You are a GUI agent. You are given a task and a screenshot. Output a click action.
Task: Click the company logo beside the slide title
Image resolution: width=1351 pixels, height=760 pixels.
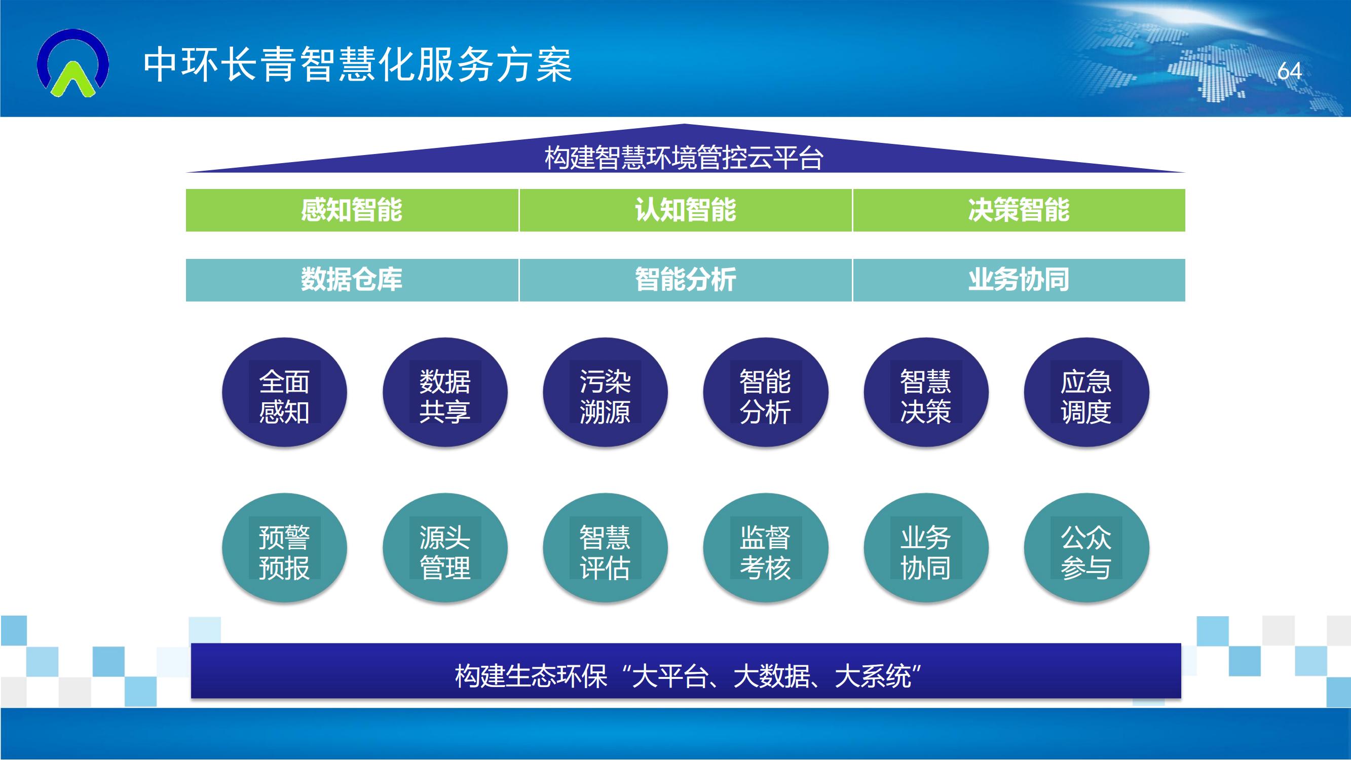73,63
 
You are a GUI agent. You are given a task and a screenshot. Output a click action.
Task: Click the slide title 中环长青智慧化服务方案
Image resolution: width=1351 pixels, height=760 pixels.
358,65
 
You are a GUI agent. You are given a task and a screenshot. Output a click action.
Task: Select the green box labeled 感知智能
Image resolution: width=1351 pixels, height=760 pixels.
352,210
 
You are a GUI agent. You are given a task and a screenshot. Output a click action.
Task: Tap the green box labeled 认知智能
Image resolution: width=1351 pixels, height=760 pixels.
686,210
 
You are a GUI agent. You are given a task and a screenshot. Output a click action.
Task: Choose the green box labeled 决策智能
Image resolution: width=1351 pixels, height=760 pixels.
1019,210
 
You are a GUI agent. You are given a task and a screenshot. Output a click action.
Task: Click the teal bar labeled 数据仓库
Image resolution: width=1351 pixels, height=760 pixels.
352,280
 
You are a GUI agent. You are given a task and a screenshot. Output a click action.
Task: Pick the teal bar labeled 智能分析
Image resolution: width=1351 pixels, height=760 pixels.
686,280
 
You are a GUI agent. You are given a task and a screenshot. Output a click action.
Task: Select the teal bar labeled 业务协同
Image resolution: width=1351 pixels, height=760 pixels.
1019,280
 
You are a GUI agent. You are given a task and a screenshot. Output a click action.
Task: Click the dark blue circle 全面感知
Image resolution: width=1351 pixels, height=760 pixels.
284,392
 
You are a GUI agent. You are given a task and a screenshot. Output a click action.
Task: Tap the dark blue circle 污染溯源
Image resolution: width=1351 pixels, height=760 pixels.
605,392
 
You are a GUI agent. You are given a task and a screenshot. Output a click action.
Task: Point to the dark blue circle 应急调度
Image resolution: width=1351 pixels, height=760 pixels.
1086,392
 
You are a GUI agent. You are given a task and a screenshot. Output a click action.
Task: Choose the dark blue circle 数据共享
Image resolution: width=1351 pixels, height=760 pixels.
445,392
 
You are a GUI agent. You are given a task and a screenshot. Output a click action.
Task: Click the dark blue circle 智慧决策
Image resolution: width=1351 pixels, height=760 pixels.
926,392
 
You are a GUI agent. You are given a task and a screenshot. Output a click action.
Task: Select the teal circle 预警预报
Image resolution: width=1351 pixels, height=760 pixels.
284,548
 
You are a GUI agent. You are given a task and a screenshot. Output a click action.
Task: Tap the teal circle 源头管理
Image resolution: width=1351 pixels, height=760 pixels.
445,548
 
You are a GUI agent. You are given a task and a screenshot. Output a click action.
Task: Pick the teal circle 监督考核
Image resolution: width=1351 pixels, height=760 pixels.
766,548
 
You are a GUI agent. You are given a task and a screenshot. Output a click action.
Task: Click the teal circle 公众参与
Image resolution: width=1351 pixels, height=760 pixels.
1086,548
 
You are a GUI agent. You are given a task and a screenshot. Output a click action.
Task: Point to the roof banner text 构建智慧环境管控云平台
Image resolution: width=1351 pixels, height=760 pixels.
684,158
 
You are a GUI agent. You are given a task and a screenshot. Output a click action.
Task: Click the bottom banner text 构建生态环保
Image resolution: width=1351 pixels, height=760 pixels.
531,675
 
